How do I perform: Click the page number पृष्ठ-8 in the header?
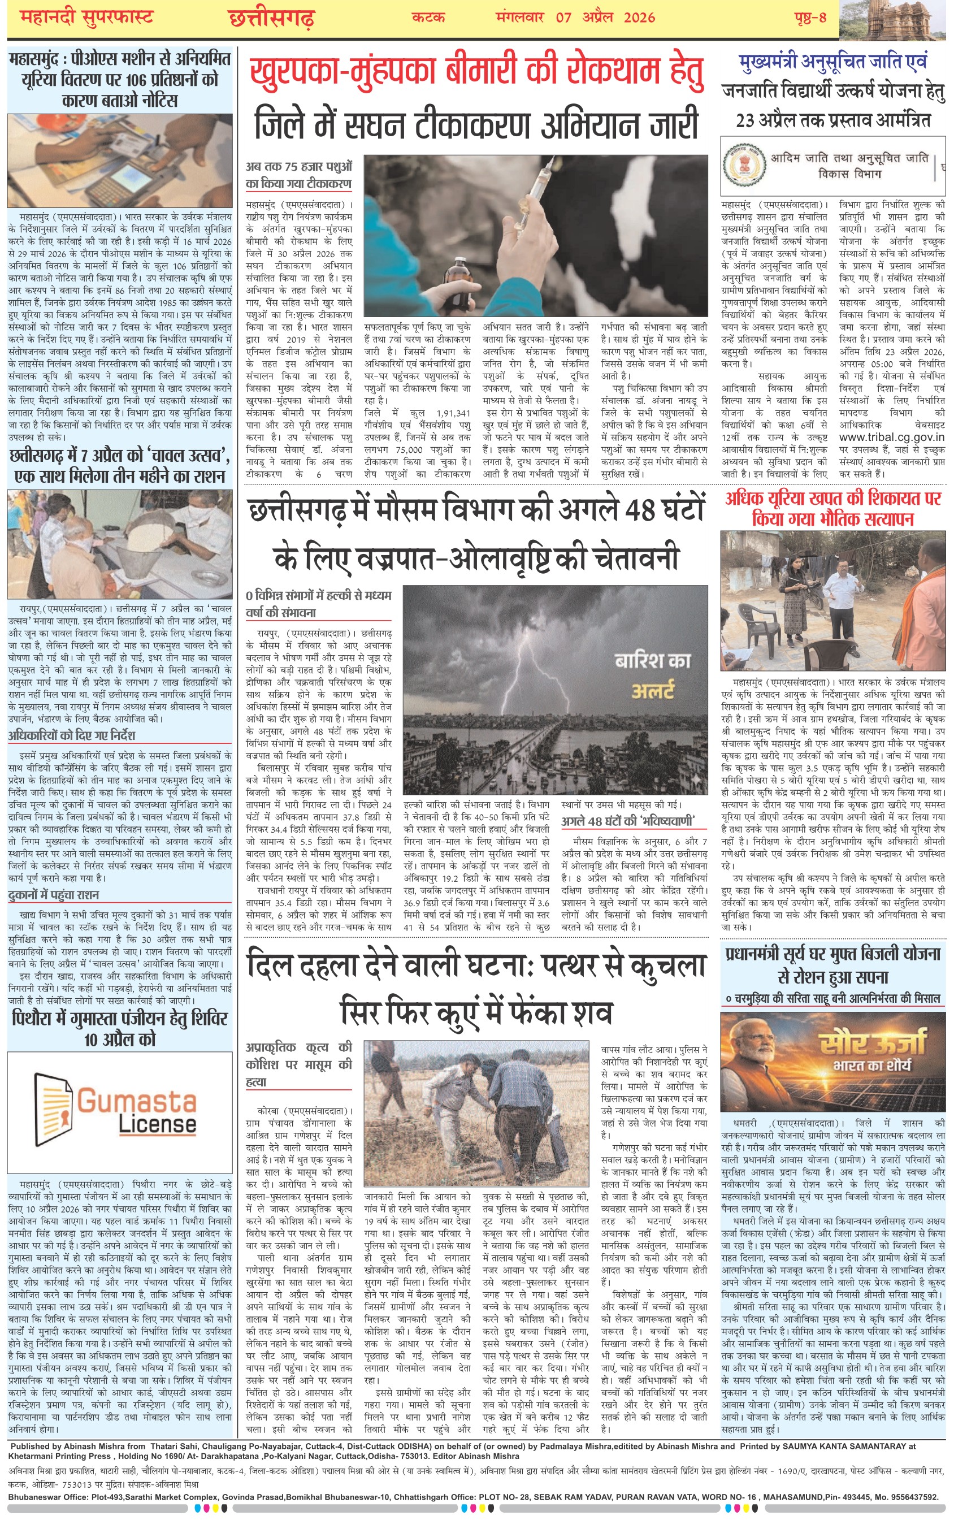click(810, 18)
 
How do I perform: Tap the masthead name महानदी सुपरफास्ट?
click(86, 18)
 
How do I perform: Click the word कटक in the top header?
click(428, 18)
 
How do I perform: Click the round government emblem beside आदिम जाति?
click(744, 165)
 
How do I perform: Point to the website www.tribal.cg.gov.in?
click(891, 436)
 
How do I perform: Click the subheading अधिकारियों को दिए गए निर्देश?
click(71, 735)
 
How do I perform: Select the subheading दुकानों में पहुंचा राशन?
click(54, 895)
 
